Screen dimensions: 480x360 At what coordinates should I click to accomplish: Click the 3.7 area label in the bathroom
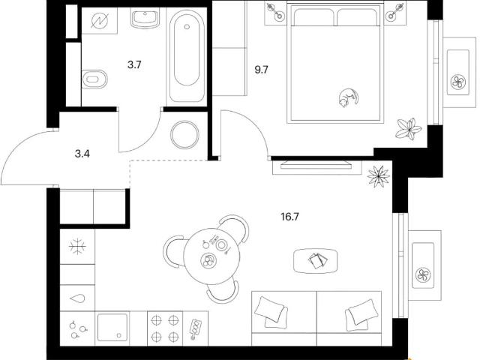pyautogui.click(x=134, y=65)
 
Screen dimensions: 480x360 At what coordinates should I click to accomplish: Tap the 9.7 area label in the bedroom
pyautogui.click(x=262, y=70)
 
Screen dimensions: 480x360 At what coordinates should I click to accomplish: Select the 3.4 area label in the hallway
pyautogui.click(x=82, y=154)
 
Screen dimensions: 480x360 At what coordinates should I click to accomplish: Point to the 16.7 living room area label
pyautogui.click(x=289, y=217)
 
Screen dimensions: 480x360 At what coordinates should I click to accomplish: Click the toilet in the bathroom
pyautogui.click(x=94, y=79)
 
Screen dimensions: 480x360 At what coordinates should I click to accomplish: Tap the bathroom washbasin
pyautogui.click(x=145, y=18)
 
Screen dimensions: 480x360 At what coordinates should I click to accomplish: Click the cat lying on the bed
pyautogui.click(x=348, y=98)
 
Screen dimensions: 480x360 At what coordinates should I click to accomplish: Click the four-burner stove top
pyautogui.click(x=165, y=328)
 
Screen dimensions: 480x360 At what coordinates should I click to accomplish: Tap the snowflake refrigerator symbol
pyautogui.click(x=77, y=247)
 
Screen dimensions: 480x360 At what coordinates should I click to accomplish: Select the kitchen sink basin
pyautogui.click(x=112, y=327)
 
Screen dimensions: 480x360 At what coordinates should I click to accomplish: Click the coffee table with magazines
pyautogui.click(x=316, y=261)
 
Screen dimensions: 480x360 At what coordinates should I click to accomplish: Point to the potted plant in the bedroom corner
pyautogui.click(x=408, y=129)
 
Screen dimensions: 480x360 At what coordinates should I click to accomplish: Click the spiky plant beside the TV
pyautogui.click(x=379, y=176)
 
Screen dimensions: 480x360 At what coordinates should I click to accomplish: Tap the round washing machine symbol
pyautogui.click(x=185, y=135)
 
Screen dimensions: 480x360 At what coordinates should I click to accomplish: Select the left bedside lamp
pyautogui.click(x=275, y=12)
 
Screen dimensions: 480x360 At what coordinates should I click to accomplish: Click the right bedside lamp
pyautogui.click(x=395, y=12)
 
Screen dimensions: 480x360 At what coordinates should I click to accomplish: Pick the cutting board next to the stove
pyautogui.click(x=195, y=329)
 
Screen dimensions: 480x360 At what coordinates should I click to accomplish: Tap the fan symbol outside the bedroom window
pyautogui.click(x=458, y=82)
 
